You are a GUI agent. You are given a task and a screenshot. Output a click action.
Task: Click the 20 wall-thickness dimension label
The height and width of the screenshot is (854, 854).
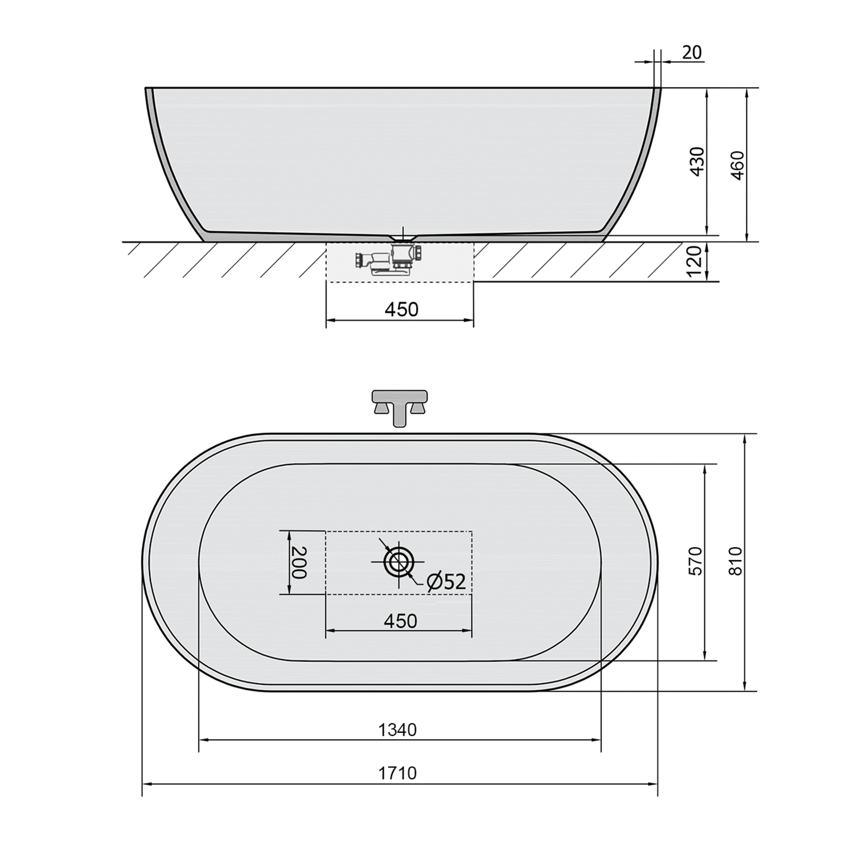click(x=692, y=52)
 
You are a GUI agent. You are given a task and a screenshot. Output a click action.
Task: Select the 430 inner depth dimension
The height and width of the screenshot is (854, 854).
click(x=698, y=161)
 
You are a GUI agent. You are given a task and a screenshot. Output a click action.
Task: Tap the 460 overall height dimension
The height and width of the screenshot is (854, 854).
click(x=737, y=165)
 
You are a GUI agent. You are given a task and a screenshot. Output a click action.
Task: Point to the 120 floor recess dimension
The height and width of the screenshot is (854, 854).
click(x=696, y=262)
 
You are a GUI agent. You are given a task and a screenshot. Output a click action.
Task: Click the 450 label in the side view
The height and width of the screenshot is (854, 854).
click(x=401, y=309)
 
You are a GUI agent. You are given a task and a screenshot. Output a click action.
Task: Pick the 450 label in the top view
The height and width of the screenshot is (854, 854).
click(x=400, y=621)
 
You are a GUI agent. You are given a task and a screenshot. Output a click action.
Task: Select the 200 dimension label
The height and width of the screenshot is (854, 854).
click(x=299, y=563)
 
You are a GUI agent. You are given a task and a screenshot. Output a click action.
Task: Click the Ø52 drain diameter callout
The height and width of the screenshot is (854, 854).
click(x=446, y=581)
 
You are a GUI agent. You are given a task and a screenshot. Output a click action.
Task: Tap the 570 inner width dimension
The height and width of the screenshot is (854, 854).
click(x=696, y=561)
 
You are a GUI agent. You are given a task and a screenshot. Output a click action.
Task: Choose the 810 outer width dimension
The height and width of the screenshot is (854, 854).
click(x=736, y=561)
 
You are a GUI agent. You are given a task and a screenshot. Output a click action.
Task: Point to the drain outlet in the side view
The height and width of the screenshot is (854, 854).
click(x=403, y=235)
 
